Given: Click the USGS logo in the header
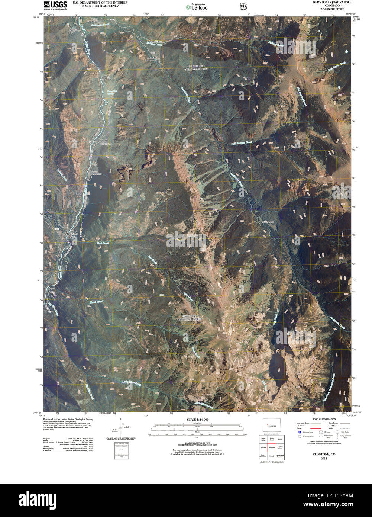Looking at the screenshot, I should (55, 5).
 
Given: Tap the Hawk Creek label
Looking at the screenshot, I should (97, 302).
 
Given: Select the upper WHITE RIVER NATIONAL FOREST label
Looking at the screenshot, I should (198, 67).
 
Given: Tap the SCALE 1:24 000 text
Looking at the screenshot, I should (197, 420).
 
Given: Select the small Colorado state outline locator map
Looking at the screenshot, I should (272, 425).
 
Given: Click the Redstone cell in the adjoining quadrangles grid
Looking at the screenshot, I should (272, 447).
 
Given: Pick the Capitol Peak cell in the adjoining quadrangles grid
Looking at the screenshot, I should (281, 447).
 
